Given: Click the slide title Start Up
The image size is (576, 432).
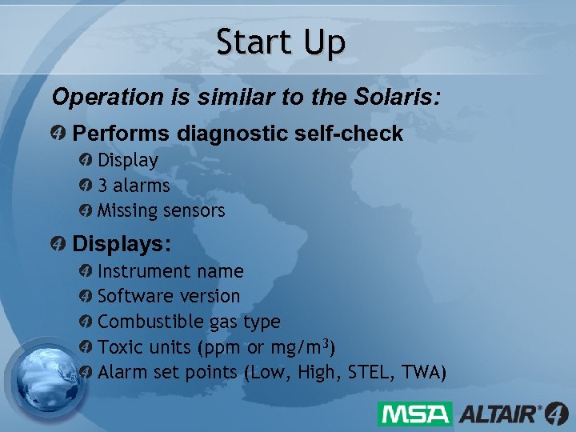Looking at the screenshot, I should point(281,42).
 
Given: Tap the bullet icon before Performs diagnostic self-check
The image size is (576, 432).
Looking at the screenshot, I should point(58,133).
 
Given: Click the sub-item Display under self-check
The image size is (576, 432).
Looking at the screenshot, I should point(127,160).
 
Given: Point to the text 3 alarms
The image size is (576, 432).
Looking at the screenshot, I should point(134,186).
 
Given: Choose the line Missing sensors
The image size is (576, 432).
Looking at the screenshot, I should point(161,211).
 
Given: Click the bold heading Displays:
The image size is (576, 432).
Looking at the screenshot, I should point(122,242).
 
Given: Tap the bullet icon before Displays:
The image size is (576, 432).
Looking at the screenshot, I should point(58,242).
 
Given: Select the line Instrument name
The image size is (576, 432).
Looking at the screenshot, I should point(170,272).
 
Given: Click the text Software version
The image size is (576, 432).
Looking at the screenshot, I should point(168,296).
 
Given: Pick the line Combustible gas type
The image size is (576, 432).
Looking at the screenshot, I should point(189,322).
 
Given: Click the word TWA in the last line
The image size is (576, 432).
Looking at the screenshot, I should point(422,372).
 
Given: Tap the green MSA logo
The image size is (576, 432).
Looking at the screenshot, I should point(415,414).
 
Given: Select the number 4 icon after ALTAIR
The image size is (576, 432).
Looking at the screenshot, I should point(555,414).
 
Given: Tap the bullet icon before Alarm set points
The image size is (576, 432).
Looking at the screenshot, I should point(86,372).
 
